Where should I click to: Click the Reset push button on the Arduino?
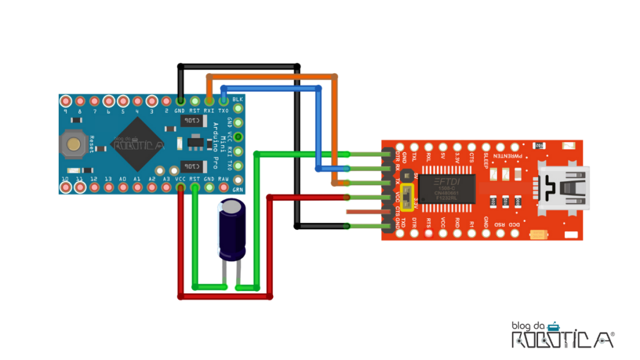point(74,144)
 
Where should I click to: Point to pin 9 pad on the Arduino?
point(66,101)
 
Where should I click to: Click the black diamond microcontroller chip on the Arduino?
point(138,143)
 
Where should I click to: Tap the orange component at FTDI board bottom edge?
point(539,235)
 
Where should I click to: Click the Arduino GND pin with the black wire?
point(180,101)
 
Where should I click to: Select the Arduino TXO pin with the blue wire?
point(223,101)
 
